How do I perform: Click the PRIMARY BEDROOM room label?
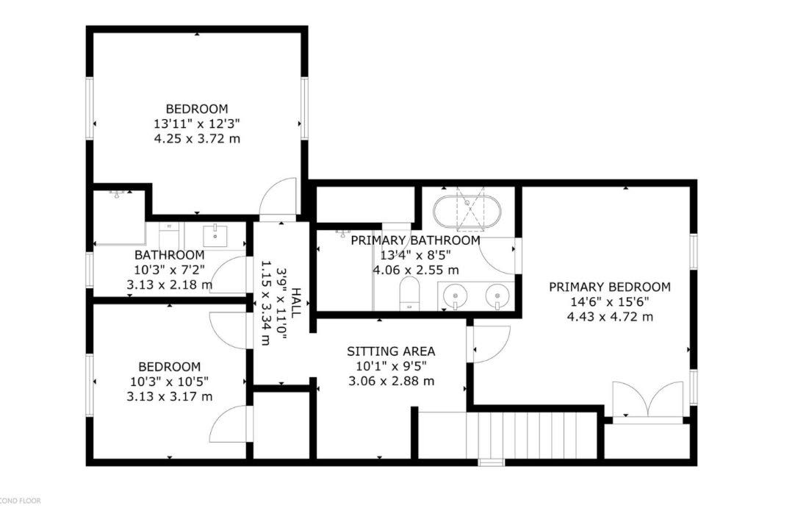609,287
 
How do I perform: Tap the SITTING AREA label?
391,351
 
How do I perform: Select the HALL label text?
295,304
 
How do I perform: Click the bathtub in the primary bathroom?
467,212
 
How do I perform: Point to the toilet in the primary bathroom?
409,293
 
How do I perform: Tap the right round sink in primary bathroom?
497,295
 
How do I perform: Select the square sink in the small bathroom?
216,235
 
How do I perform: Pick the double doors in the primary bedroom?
648,402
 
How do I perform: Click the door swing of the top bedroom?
277,198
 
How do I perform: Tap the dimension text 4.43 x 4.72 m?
610,317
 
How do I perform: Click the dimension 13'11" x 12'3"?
197,124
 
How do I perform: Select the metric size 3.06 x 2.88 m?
392,381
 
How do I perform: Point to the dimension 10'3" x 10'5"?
170,382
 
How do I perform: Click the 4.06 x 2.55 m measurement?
416,270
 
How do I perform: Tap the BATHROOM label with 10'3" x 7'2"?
170,255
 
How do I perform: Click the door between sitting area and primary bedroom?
489,343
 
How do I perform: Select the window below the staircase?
491,462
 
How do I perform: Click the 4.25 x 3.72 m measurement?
197,138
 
